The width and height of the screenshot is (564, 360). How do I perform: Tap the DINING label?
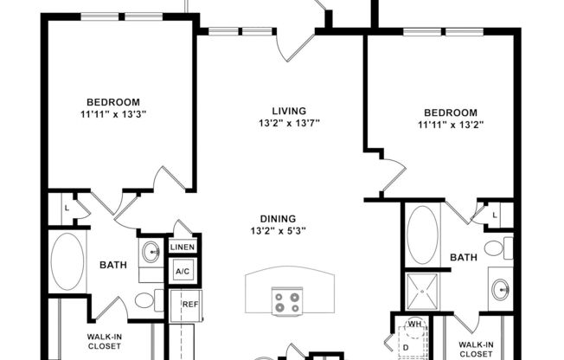click(278, 218)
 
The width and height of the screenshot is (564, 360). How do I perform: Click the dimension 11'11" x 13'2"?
click(450, 125)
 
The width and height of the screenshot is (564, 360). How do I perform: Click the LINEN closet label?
click(183, 247)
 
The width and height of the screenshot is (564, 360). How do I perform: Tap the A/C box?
click(183, 271)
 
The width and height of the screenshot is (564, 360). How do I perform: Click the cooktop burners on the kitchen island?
click(286, 302)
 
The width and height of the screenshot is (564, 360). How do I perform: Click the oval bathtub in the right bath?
click(423, 233)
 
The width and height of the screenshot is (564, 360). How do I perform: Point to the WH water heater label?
click(413, 325)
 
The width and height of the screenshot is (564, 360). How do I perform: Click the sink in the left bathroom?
click(151, 253)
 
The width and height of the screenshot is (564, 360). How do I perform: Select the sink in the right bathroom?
click(501, 290)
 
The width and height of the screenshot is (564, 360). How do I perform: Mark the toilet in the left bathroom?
click(146, 300)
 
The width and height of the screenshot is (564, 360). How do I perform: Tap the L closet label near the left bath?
click(66, 208)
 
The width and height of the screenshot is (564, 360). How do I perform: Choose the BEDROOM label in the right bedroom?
click(450, 112)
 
